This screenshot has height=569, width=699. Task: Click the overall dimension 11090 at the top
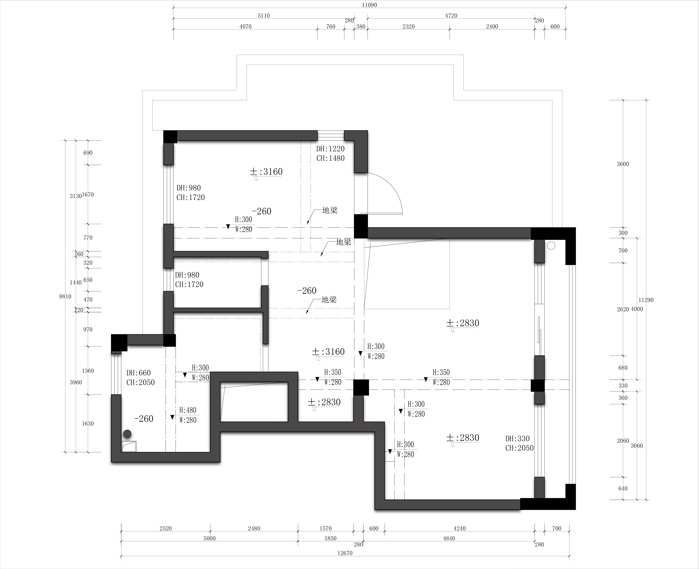point(370,5)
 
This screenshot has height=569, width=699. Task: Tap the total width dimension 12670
point(345,553)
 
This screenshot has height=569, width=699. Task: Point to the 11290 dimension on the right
point(646,300)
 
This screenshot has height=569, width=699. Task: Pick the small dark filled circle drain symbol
point(127,434)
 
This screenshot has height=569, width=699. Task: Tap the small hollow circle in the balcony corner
point(551,245)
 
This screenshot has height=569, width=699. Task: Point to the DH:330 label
point(518,439)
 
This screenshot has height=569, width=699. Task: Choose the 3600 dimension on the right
point(623,164)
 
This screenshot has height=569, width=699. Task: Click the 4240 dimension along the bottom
point(460,528)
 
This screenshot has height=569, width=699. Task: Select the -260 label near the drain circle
point(144,419)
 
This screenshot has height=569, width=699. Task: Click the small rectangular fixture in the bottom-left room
point(129,446)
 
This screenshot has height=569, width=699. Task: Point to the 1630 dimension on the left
point(88,423)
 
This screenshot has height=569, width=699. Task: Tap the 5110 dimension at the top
point(264,16)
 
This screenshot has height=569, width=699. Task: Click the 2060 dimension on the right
point(623,441)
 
